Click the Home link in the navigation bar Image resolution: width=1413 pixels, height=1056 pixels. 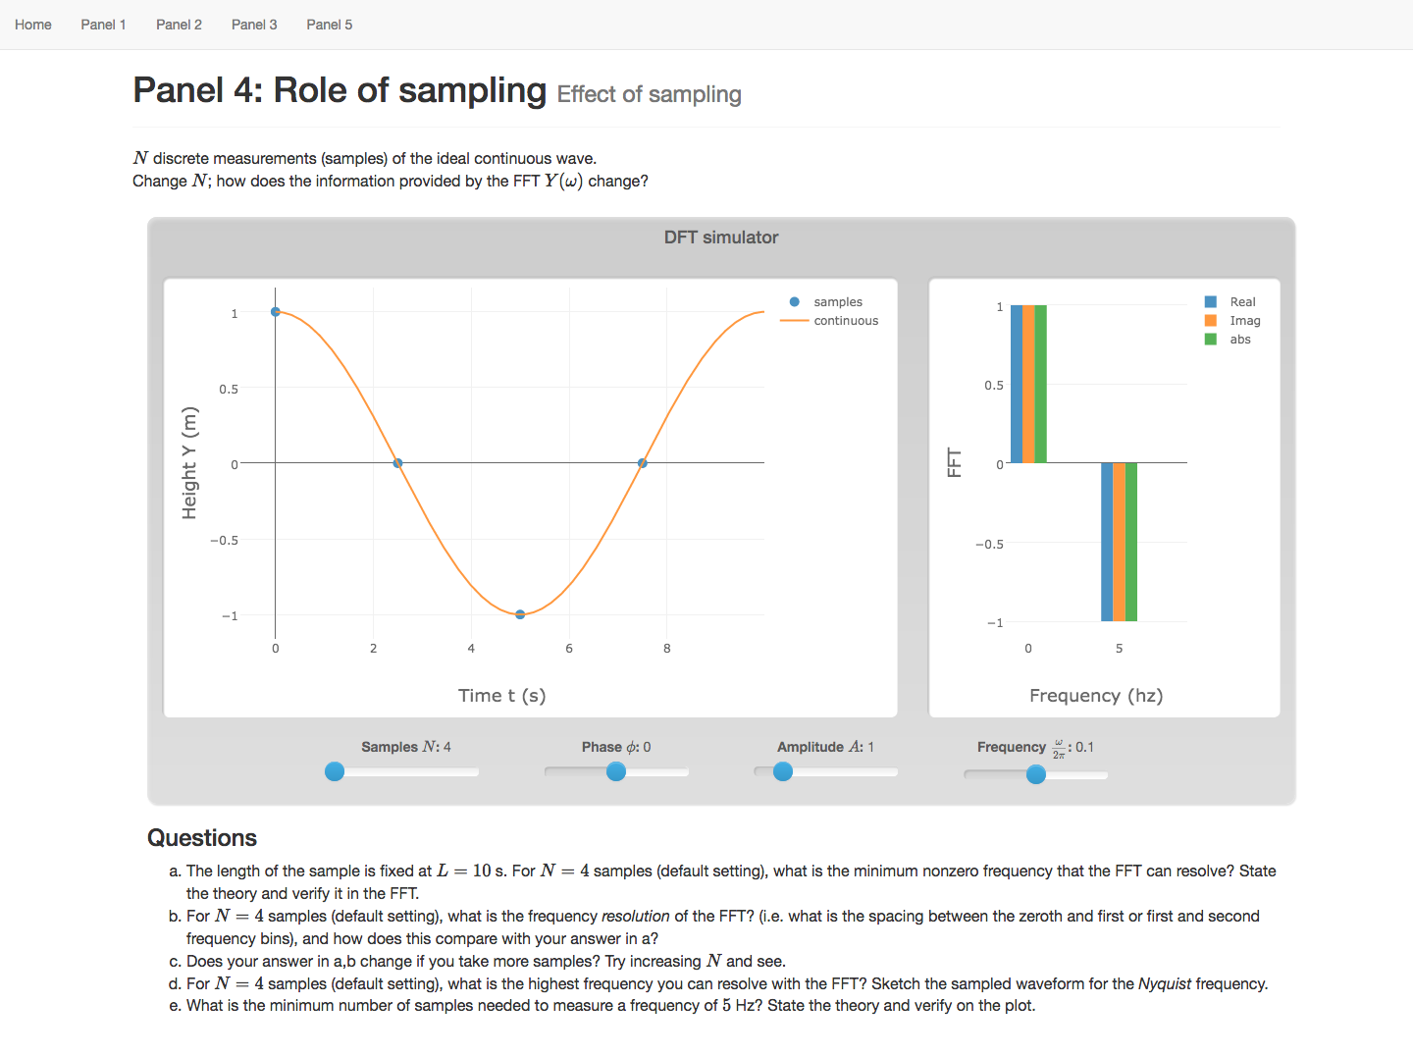(33, 25)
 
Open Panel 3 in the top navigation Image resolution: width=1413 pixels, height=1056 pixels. (254, 25)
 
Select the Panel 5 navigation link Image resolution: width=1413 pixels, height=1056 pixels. (329, 25)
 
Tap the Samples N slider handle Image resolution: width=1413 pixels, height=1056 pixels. (335, 771)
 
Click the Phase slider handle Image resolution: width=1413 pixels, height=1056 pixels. (616, 771)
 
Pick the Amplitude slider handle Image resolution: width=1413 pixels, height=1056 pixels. (783, 771)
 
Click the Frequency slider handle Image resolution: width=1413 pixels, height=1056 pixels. (1036, 774)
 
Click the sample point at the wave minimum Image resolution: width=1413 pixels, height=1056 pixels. (520, 614)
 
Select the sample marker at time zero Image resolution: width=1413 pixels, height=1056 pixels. (276, 312)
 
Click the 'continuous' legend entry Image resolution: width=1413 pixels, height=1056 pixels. (845, 321)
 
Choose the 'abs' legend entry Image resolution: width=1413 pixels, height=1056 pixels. (1239, 340)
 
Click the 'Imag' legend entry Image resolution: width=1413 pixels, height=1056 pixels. (1244, 321)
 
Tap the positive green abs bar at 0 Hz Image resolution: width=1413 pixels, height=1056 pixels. (1041, 384)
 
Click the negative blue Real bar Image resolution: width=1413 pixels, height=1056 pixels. (1107, 542)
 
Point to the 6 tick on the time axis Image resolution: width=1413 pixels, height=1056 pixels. (569, 649)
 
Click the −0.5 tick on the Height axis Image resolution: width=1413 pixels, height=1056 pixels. (225, 541)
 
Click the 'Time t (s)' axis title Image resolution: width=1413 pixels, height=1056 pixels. (501, 696)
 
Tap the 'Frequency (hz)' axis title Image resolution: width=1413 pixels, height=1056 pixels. (1096, 696)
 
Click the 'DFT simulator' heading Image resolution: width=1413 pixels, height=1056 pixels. (721, 238)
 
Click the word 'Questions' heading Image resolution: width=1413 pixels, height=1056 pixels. (202, 838)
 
